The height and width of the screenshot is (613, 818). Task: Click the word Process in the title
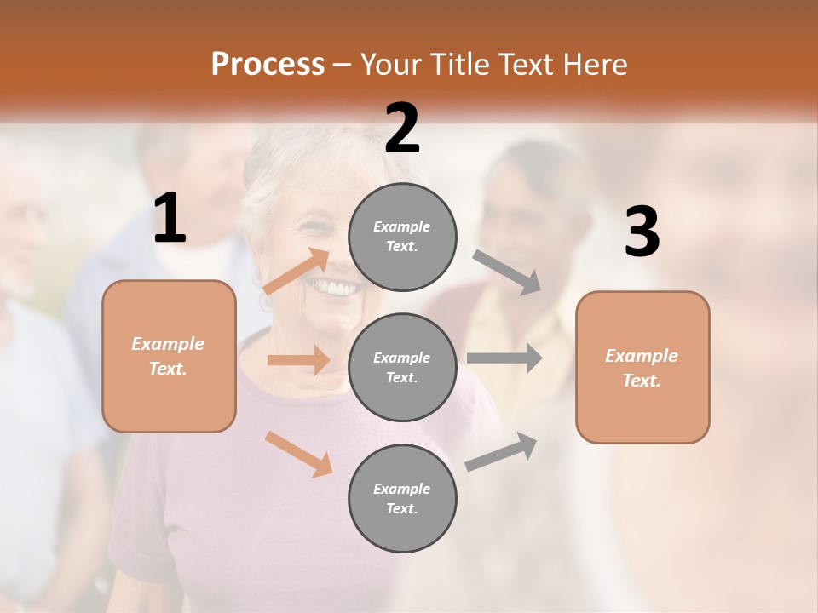pyautogui.click(x=268, y=64)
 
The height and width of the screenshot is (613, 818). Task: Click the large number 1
pyautogui.click(x=170, y=219)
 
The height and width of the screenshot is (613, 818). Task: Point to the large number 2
pyautogui.click(x=402, y=129)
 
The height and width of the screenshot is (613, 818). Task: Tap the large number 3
pyautogui.click(x=642, y=232)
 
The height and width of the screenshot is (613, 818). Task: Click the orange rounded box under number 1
pyautogui.click(x=169, y=356)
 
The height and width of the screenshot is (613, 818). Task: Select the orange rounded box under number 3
pyautogui.click(x=642, y=367)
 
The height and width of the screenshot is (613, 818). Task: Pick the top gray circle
pyautogui.click(x=402, y=237)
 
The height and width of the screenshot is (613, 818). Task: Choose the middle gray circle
pyautogui.click(x=402, y=367)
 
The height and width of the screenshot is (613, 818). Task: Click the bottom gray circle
pyautogui.click(x=402, y=498)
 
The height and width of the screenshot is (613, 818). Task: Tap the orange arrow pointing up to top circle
pyautogui.click(x=297, y=272)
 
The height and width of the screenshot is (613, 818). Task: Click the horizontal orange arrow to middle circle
pyautogui.click(x=298, y=360)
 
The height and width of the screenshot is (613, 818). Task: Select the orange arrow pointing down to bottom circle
pyautogui.click(x=298, y=454)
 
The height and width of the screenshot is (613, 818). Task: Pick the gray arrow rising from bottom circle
pyautogui.click(x=502, y=451)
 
